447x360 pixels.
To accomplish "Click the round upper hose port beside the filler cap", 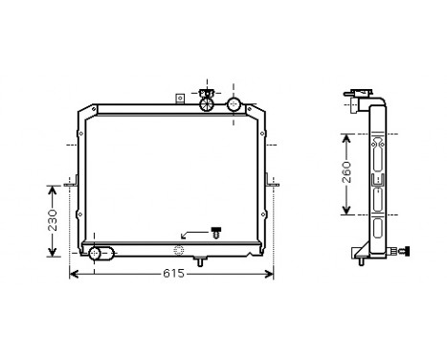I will pos(234,103).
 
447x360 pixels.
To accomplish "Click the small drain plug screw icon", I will pos(215,232).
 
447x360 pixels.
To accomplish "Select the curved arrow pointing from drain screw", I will pos(191,233).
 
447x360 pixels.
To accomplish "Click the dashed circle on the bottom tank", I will pos(178,252).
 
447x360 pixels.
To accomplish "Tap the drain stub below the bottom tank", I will pos(201,261).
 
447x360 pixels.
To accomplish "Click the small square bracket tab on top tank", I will pos(179,97).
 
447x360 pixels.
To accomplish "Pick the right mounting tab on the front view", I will pos(273,180).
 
